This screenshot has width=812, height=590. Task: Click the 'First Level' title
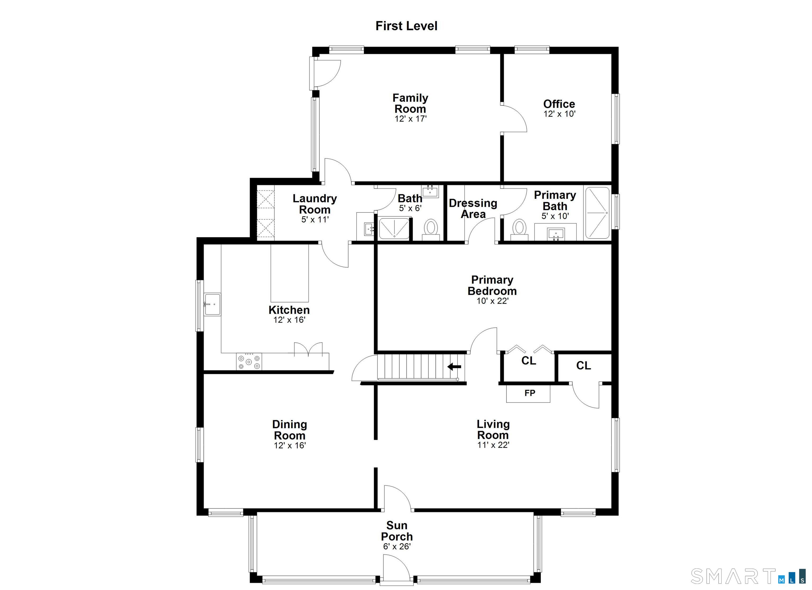(x=406, y=26)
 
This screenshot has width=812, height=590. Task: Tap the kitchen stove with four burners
(x=249, y=361)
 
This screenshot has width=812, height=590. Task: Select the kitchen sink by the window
(x=212, y=304)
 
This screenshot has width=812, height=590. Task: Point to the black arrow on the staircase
(x=454, y=366)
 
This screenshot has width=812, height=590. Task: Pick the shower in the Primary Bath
(x=597, y=213)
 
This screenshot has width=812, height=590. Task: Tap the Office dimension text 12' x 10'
(x=559, y=114)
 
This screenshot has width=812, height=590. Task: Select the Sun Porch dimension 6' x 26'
(x=397, y=546)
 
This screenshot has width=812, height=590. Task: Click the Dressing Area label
(x=473, y=209)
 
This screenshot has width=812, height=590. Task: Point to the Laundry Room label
(x=315, y=204)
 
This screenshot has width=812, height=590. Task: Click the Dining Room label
(x=290, y=430)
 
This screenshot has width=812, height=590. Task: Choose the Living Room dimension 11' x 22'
(x=493, y=445)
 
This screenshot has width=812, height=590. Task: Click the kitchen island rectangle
(x=290, y=273)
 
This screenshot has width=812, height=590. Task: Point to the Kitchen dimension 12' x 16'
(x=289, y=320)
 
